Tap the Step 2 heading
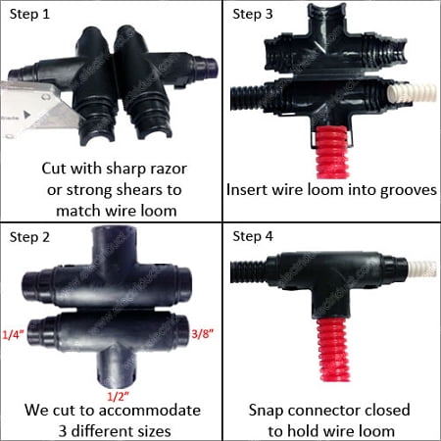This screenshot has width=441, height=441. [29, 237]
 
